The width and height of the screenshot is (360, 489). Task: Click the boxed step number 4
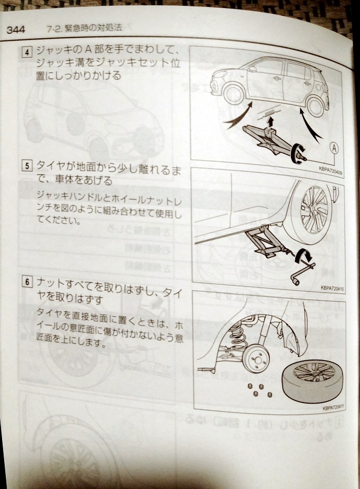coord(27,52)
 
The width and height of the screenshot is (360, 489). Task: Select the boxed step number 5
coord(27,165)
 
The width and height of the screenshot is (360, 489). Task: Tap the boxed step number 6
coord(28,282)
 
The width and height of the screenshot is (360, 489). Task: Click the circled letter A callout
coord(334,148)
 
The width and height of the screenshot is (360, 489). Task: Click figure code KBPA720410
coord(332,289)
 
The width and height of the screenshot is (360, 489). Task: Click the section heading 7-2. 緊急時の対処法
coord(84,29)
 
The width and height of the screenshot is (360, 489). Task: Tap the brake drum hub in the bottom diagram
coord(256,360)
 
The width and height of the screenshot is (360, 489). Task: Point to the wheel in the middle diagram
coord(315,208)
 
